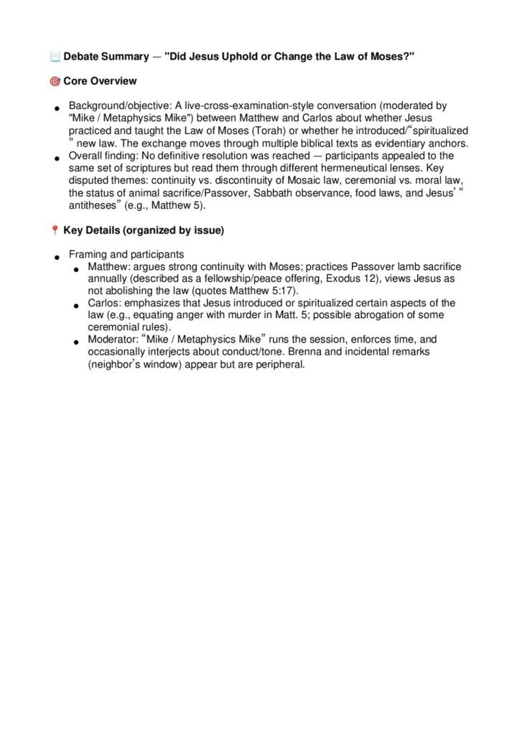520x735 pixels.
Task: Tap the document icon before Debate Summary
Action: tap(55, 57)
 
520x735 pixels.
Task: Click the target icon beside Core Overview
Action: tap(55, 81)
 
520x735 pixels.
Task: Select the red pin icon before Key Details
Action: tap(55, 230)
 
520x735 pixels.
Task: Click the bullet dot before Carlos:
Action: tap(76, 306)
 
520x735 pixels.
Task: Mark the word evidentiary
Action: tap(399, 143)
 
